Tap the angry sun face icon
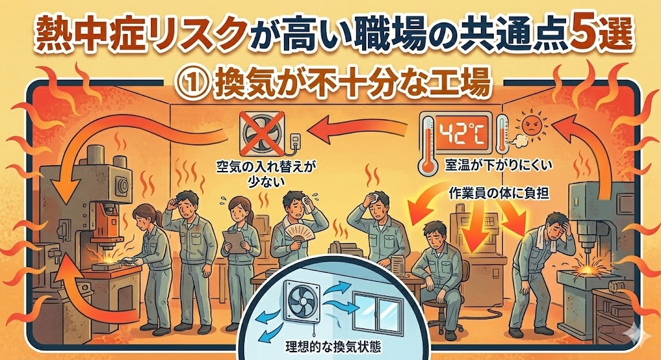pyautogui.click(x=533, y=125)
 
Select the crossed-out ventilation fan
pyautogui.click(x=262, y=134)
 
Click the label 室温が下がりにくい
pyautogui.click(x=498, y=166)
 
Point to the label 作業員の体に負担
pyautogui.click(x=500, y=194)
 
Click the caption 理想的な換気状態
pyautogui.click(x=333, y=347)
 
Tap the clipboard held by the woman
pyautogui.click(x=234, y=242)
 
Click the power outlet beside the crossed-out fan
pyautogui.click(x=296, y=141)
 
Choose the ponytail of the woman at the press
pyautogui.click(x=159, y=218)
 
